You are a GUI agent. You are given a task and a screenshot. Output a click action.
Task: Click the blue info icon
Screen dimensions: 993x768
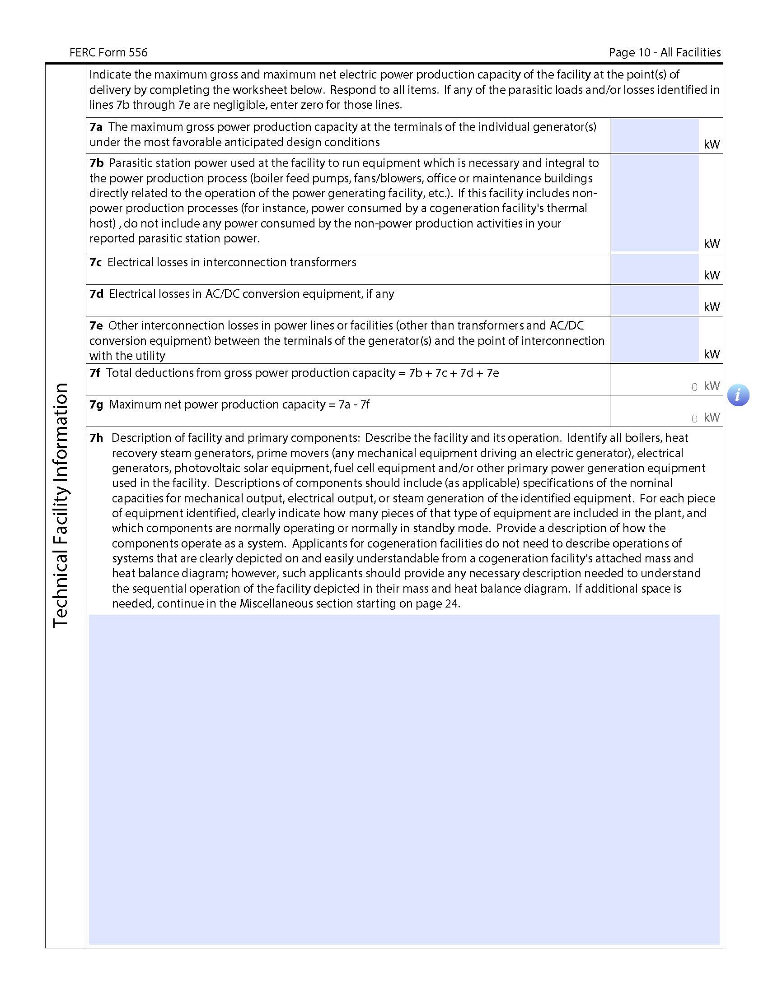(x=738, y=395)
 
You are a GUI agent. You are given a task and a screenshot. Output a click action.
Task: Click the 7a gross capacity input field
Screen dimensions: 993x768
(x=654, y=135)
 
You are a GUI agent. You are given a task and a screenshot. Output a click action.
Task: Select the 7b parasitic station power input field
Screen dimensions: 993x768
(x=654, y=203)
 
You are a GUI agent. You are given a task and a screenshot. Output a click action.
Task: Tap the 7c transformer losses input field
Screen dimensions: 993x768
(x=654, y=269)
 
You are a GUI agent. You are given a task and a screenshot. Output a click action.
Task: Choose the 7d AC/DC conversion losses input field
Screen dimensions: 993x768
(x=654, y=300)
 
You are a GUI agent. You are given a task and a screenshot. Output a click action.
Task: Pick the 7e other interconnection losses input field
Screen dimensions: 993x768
(x=654, y=339)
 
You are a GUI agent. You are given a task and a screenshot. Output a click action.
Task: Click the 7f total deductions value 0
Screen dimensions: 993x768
(x=694, y=387)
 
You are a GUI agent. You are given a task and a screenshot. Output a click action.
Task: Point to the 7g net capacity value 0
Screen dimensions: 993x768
(x=694, y=419)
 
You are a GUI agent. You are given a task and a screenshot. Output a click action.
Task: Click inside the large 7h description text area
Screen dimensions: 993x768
(x=404, y=780)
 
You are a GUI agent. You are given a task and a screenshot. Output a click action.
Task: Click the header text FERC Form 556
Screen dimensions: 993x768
(x=108, y=53)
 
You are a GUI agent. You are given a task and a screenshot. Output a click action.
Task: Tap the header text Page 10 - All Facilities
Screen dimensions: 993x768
(x=664, y=53)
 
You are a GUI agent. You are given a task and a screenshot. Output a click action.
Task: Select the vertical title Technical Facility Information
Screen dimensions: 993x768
(x=61, y=506)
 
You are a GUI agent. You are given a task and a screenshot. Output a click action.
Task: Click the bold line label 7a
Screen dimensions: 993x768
(x=96, y=127)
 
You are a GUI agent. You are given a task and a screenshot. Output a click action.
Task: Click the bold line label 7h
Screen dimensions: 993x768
(x=97, y=438)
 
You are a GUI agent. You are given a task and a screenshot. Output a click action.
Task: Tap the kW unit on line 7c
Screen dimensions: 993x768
(x=712, y=275)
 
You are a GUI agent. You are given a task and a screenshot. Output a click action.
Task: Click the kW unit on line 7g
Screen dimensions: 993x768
(x=712, y=418)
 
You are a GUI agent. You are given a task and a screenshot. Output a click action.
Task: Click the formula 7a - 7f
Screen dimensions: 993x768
(x=354, y=405)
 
